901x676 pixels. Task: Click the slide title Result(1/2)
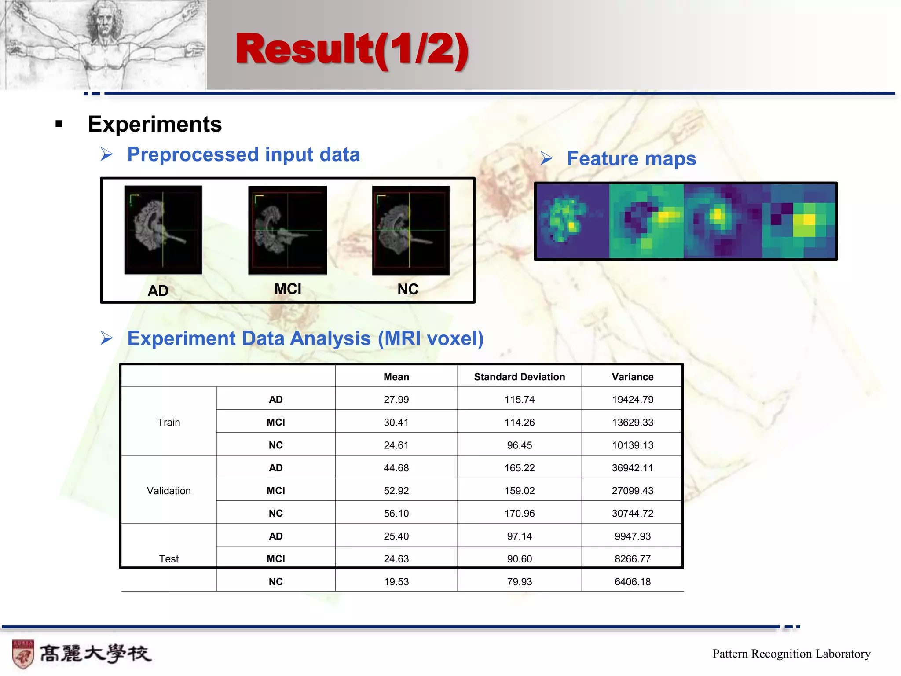[x=352, y=49]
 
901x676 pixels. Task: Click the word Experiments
[x=154, y=124]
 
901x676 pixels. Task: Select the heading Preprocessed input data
[x=243, y=154]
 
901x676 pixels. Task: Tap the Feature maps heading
[x=631, y=158]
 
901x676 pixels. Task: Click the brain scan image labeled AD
[x=163, y=229]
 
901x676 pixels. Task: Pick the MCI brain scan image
[x=287, y=230]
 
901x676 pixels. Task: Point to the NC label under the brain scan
[x=408, y=289]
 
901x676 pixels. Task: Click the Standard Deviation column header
[x=519, y=377]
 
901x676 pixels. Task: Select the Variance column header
[x=632, y=377]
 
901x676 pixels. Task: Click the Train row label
[x=168, y=422]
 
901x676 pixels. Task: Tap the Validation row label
[x=168, y=491]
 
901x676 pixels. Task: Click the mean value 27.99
[x=396, y=400]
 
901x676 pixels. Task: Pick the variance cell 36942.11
[x=632, y=468]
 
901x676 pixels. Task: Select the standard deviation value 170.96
[x=519, y=514]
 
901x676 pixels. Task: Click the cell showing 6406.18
[x=632, y=582]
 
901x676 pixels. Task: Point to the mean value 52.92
[x=396, y=491]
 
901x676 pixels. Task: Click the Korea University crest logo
[x=23, y=654]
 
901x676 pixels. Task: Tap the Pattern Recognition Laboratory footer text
[x=791, y=654]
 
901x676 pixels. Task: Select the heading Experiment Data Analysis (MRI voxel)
[x=305, y=338]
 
